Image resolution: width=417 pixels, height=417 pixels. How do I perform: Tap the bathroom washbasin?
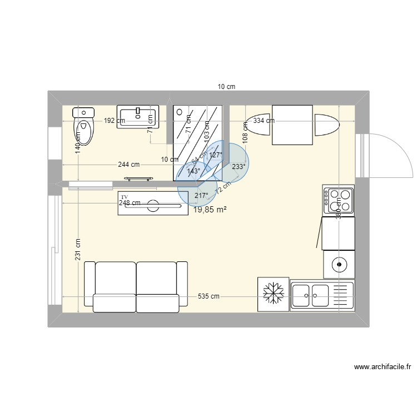(137, 117)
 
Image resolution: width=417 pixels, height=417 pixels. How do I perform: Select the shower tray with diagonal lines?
(198, 142)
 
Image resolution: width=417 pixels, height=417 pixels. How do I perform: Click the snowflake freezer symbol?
(273, 293)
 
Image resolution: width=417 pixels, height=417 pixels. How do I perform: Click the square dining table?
(292, 125)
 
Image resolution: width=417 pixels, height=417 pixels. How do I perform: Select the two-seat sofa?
(136, 286)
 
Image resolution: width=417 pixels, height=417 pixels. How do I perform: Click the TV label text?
(125, 197)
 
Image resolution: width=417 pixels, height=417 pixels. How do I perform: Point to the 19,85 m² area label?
(210, 210)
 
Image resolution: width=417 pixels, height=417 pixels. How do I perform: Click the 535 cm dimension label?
(209, 297)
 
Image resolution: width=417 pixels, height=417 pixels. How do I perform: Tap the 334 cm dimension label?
(264, 120)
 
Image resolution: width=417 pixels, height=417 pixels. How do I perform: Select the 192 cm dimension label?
(114, 120)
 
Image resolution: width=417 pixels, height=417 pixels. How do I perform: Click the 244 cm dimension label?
(128, 165)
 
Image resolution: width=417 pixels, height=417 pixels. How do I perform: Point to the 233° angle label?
(239, 166)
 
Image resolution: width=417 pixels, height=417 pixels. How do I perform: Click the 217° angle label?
(201, 196)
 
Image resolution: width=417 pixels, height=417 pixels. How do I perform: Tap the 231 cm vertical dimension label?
(78, 250)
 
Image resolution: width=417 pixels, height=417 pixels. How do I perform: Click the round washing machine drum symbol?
(339, 264)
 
